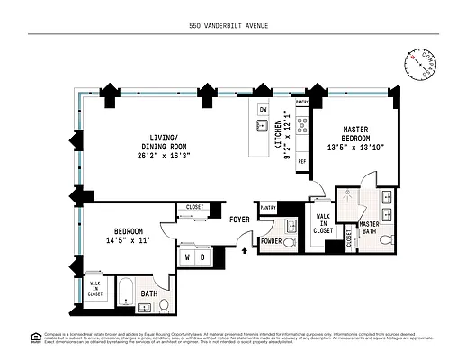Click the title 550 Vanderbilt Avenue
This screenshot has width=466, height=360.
coord(233,25)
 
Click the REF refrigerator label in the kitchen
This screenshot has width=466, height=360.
coord(301,161)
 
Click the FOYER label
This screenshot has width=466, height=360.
coord(239,219)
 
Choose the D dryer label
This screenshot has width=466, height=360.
coord(204,256)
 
